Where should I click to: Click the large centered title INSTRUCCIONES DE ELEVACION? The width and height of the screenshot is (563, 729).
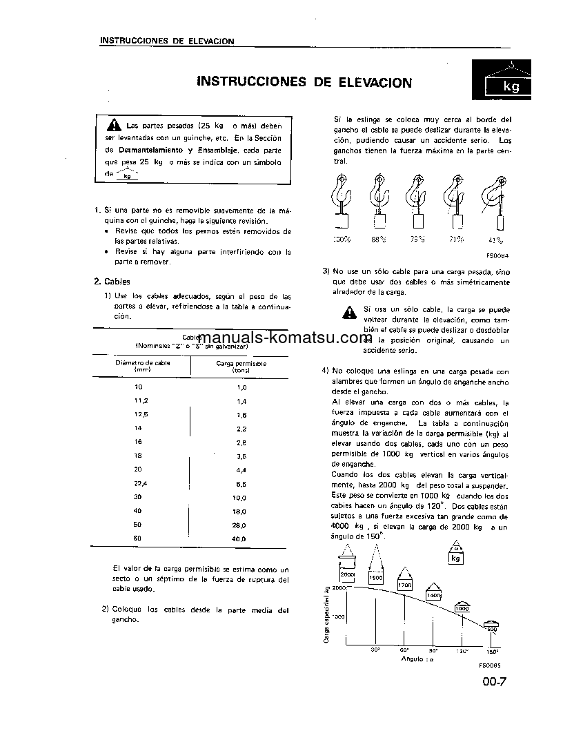pos(304,83)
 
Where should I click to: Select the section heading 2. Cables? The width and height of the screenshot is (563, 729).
pos(112,281)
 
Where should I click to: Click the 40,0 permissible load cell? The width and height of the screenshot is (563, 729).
pos(239,538)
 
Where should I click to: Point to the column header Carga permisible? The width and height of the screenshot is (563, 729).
pos(241,366)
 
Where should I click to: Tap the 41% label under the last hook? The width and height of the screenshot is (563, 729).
pos(495,240)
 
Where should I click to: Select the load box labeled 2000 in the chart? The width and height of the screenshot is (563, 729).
pos(347,574)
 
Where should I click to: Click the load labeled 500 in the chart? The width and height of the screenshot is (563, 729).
pos(491,629)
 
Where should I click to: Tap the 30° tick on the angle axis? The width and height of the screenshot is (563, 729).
pos(376,650)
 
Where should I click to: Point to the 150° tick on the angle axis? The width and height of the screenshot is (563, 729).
pos(493,651)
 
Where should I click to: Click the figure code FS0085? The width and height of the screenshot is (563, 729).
pos(487,666)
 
